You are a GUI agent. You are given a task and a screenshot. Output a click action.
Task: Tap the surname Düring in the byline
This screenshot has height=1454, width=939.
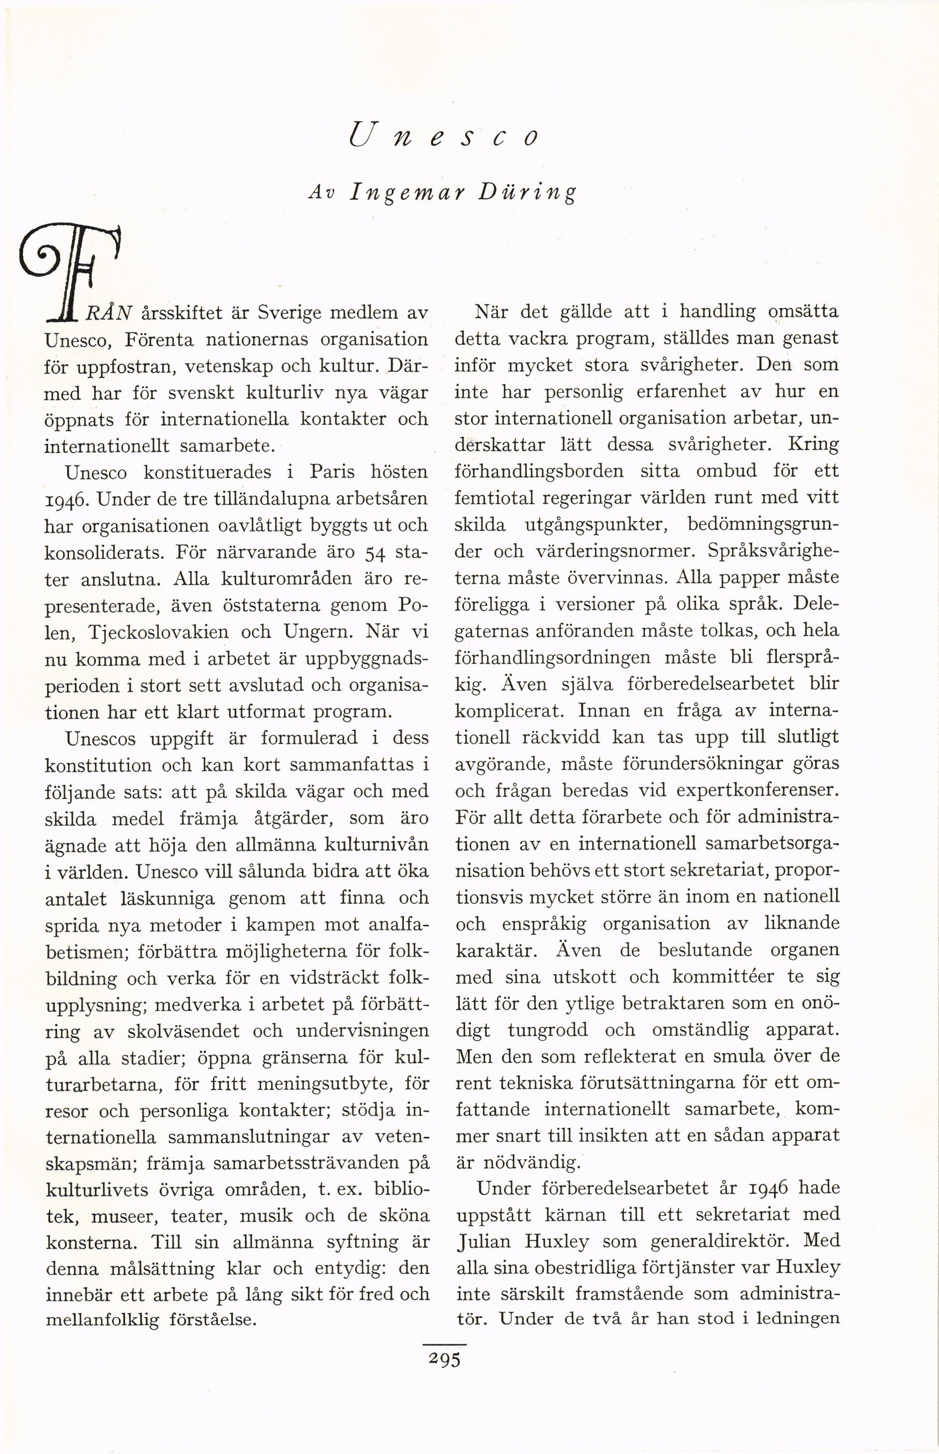coord(527,193)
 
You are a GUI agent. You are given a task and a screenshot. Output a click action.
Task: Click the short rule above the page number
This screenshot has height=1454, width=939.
coord(445,1344)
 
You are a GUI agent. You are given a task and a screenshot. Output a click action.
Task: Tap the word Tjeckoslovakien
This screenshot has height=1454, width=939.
coord(158,633)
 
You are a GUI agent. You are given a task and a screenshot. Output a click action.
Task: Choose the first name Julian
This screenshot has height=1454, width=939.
coord(486,1241)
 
